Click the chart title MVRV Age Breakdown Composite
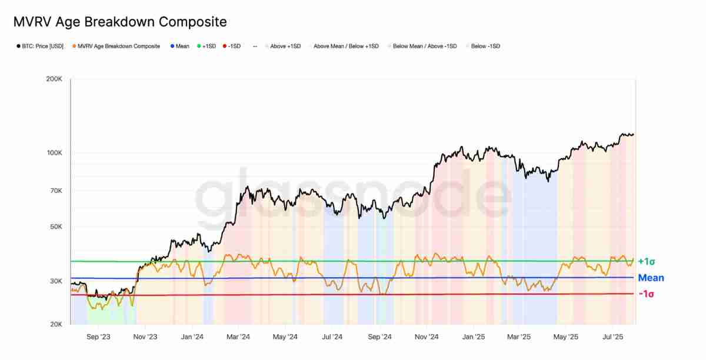[x=119, y=22]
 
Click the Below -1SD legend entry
[x=485, y=46]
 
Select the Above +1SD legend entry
[x=285, y=46]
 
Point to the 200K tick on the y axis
[x=54, y=78]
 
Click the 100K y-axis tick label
[x=54, y=153]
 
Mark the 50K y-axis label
[x=56, y=227]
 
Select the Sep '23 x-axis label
[x=98, y=337]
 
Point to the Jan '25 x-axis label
[x=474, y=337]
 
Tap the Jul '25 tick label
[x=613, y=337]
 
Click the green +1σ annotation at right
[x=646, y=261]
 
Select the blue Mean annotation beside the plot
[x=651, y=278]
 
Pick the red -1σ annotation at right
[x=646, y=294]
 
